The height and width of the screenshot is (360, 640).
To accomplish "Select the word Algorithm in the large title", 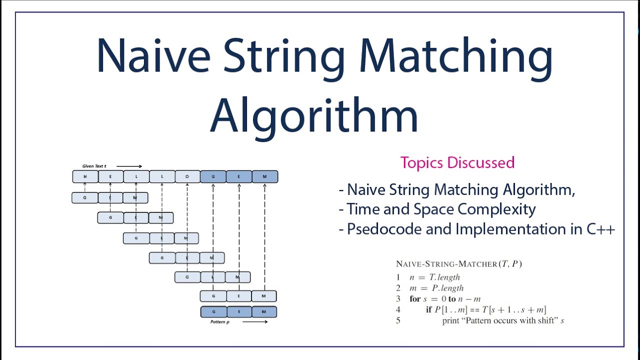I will pos(313,114).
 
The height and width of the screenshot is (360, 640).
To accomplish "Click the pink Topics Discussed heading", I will pos(457,162).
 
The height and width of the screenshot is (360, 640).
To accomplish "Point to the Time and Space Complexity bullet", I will pos(441,209).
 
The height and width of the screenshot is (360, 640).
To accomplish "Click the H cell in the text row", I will pos(85,176).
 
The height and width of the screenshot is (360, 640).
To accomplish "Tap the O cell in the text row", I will pos(187,176).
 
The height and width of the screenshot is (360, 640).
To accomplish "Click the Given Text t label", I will pos(94,166).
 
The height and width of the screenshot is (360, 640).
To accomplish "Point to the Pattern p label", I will pos(220,322).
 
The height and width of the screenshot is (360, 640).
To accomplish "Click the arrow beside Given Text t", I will pos(129,166).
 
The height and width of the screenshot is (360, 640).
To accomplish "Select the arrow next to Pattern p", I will pos(255,322).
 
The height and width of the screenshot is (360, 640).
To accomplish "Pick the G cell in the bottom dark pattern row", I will pos(213,312).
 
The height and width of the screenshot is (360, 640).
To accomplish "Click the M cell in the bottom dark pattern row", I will pos(264,312).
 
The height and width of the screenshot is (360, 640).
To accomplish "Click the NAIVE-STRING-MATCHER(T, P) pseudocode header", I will pos(458,264).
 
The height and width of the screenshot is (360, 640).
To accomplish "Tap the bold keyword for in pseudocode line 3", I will pos(415,299).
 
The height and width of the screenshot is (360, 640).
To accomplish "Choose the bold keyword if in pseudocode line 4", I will pos(428,310).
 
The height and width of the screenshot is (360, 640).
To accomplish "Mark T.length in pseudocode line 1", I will pos(444,277).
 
